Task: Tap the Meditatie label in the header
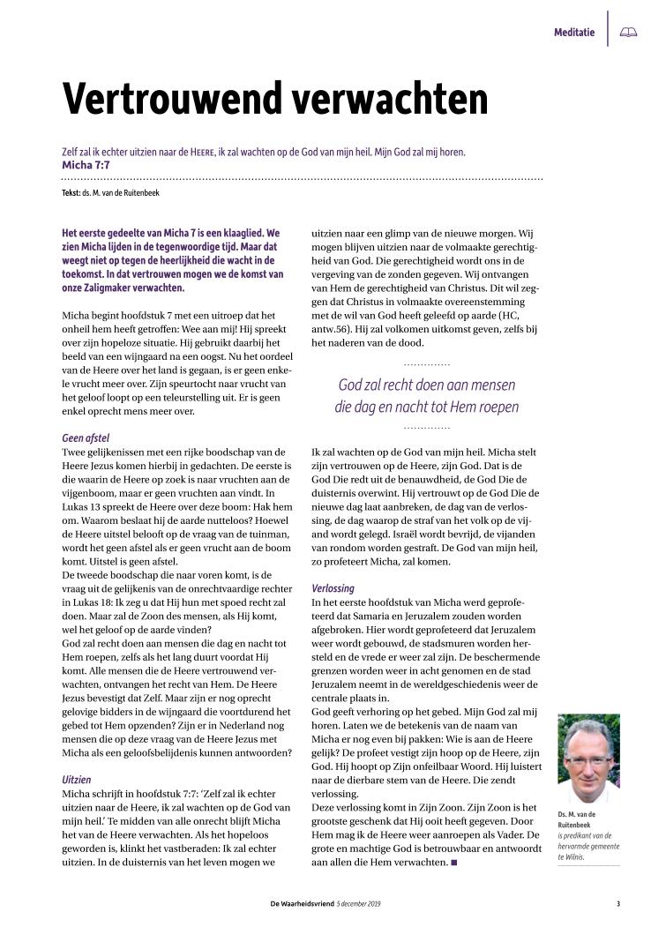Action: [573, 33]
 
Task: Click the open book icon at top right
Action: [628, 33]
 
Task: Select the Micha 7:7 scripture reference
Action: [86, 164]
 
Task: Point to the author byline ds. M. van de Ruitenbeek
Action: [121, 192]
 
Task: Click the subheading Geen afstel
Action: [86, 437]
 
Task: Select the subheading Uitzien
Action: [76, 755]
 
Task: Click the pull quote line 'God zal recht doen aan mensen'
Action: [427, 385]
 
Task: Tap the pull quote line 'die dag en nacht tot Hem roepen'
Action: [427, 407]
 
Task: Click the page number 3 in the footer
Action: [618, 903]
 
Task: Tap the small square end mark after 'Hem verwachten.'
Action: [454, 862]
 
